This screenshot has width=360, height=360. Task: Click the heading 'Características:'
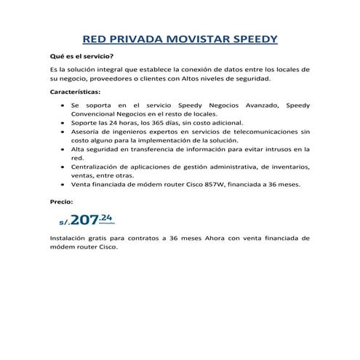(x=75, y=92)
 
